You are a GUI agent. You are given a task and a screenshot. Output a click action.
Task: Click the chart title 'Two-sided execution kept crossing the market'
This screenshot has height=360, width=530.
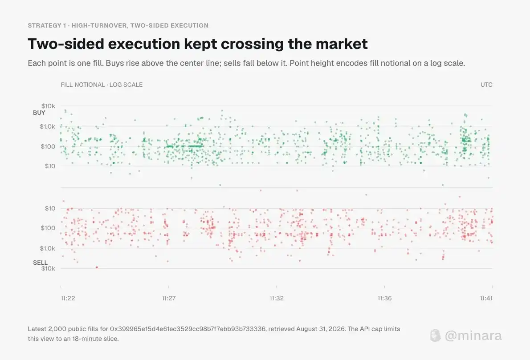click(198, 44)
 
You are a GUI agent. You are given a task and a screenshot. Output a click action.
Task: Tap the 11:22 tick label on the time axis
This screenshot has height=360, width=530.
click(68, 298)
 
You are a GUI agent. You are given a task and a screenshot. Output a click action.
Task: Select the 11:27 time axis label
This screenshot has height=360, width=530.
click(169, 298)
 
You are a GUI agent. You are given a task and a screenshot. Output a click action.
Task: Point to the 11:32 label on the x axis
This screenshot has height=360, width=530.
click(277, 298)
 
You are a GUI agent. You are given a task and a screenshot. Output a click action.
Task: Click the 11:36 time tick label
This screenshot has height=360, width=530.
click(384, 298)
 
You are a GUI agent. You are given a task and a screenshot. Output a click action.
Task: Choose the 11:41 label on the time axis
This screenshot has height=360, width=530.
click(486, 298)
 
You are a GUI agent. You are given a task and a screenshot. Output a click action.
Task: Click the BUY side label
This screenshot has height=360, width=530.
click(39, 113)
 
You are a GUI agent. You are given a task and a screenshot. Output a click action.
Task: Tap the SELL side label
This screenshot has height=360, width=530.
click(40, 263)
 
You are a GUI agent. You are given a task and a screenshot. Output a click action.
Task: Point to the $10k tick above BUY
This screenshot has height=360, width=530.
click(48, 106)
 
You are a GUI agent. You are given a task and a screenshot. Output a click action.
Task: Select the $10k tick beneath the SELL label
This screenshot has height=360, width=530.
click(48, 268)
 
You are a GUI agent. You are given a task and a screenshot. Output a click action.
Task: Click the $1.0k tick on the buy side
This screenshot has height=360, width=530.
click(47, 126)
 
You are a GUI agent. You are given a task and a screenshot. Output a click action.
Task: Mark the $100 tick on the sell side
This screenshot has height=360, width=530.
click(48, 228)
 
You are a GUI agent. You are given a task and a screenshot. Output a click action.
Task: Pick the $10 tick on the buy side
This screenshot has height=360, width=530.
click(50, 166)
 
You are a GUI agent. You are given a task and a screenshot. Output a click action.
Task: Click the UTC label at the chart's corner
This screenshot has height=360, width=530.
click(486, 85)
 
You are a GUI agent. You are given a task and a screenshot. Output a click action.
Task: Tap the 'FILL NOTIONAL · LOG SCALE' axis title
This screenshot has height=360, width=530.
click(102, 85)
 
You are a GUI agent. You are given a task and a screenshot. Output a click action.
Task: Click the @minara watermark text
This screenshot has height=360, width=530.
click(473, 336)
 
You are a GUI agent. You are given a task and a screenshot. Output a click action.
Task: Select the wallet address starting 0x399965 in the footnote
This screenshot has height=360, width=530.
click(188, 329)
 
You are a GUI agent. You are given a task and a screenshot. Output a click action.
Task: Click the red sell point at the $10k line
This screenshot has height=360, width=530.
click(97, 267)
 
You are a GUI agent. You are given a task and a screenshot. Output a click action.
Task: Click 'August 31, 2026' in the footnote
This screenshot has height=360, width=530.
click(321, 329)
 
